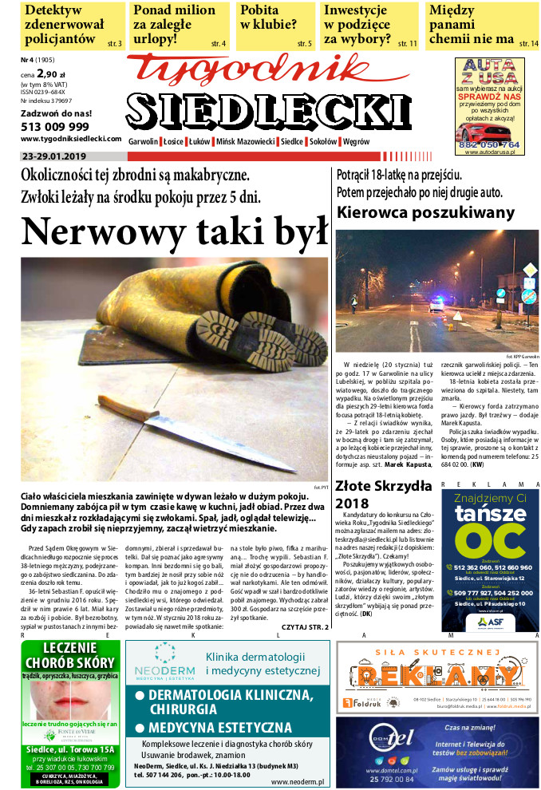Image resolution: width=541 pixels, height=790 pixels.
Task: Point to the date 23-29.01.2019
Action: pos(55,156)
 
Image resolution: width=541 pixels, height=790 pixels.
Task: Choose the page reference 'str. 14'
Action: pos(528,45)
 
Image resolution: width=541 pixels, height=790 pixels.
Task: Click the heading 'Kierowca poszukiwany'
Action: pos(425,212)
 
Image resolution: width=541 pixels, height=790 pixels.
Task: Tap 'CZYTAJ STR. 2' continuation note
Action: pos(305,628)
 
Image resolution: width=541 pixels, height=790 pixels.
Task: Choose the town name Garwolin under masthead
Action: pos(144,141)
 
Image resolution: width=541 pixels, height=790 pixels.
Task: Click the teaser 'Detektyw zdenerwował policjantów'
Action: pos(64,25)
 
